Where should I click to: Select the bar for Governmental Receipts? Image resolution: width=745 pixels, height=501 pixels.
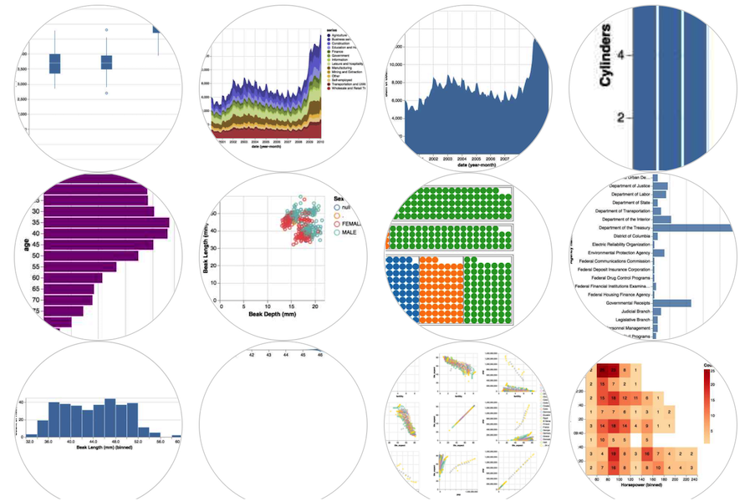[671, 303]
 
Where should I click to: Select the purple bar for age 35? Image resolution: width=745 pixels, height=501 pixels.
[105, 223]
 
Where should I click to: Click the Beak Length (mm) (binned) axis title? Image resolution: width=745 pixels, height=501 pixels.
[105, 448]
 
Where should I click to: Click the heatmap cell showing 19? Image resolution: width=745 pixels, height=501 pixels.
[613, 382]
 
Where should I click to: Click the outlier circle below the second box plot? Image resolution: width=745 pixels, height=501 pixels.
[106, 94]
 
